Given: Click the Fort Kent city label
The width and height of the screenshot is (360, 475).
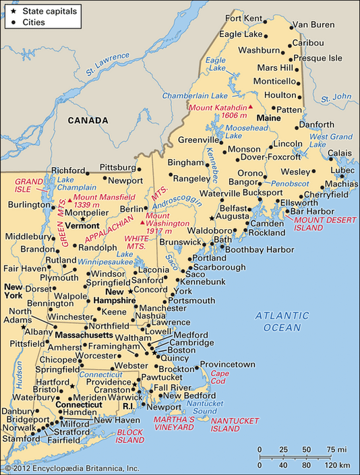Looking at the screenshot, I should click(243, 18).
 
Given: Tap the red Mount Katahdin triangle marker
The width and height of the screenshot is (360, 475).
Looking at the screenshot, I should click(251, 107).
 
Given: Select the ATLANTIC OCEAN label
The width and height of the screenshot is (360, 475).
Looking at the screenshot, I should click(282, 321).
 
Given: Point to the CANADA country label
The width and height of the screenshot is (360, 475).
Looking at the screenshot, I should click(88, 121).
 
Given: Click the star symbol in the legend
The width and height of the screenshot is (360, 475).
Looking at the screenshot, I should click(13, 11).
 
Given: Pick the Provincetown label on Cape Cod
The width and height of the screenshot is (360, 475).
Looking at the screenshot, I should click(227, 365).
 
